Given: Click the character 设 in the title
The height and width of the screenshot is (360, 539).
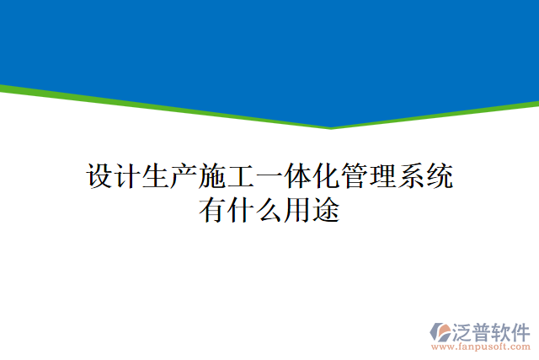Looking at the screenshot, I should tap(100, 177).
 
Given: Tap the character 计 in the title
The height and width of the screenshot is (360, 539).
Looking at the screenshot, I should tap(128, 177).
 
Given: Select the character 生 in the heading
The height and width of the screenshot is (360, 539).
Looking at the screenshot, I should tap(157, 177).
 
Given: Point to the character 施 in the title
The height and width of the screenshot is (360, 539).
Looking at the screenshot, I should tap(213, 177).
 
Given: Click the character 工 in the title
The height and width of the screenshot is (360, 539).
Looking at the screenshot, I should tap(242, 177).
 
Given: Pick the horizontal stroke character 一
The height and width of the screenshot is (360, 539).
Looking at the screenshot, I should tap(269, 177).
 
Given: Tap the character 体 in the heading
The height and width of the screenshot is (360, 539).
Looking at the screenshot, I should tap(298, 177).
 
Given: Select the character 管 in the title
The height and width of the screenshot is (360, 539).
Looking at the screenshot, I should tap(355, 177).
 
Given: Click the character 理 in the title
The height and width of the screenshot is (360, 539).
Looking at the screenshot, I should tap(382, 177).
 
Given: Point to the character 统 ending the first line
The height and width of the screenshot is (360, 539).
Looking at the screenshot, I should tap(439, 177).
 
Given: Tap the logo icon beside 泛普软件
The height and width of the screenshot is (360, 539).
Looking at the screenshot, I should tap(441, 331).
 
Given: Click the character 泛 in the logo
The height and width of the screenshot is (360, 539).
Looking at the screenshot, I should tap(463, 330).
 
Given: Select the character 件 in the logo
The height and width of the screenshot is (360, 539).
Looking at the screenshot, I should tap(521, 330).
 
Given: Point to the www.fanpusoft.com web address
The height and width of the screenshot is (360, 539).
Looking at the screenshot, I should tap(481, 346).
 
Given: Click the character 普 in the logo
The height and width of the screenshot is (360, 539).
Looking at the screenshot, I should tap(483, 330).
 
